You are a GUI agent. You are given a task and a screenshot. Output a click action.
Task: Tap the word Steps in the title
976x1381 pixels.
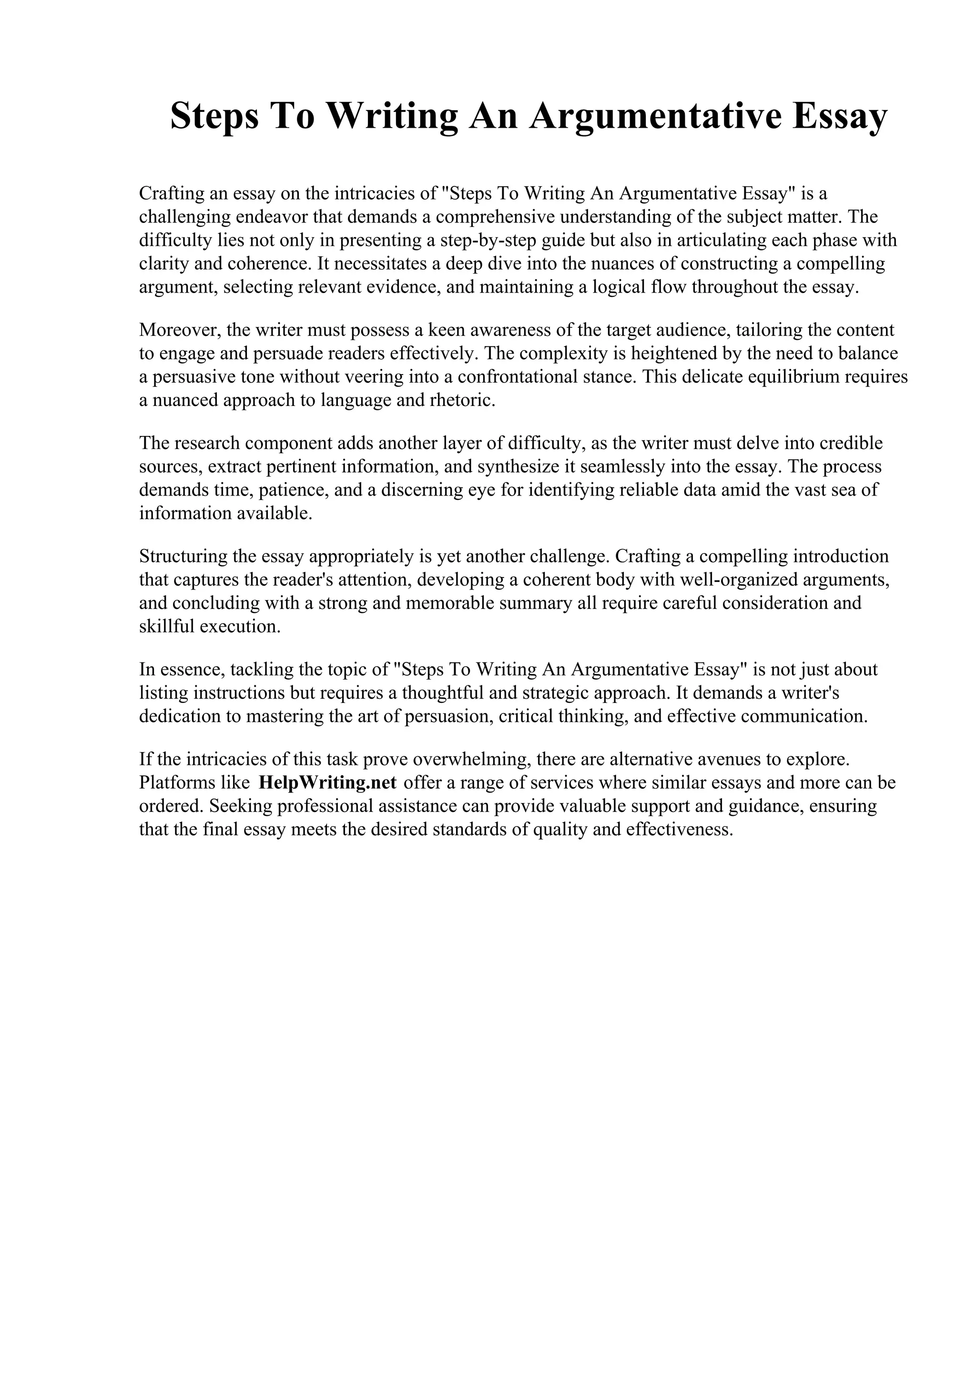(214, 117)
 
